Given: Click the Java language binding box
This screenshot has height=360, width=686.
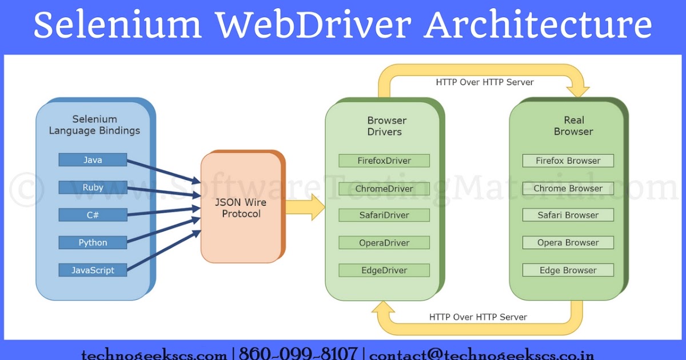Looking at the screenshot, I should coord(93,160).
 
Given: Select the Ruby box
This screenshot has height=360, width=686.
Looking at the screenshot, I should coord(93,187).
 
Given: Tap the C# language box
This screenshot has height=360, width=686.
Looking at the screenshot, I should coord(93,215).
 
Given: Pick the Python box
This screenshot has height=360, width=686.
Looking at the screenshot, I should coord(93,242).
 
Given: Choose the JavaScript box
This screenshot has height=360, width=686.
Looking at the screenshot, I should coord(93,270).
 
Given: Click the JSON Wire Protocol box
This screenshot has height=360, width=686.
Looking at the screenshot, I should coord(241,208).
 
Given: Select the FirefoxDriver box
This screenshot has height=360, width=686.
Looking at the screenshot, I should coord(384,161).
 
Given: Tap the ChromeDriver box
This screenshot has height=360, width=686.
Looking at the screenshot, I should coord(384,188).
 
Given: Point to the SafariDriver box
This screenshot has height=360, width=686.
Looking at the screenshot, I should coord(384,215).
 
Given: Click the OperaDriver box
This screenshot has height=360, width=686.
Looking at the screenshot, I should coord(384,243).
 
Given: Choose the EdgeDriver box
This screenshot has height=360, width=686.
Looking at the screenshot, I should coord(384,270).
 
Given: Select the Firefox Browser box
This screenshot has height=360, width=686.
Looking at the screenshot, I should coord(568,161).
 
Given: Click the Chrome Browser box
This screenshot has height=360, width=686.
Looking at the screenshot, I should coord(568,188).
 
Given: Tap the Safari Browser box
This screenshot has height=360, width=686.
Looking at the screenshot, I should coord(568,215).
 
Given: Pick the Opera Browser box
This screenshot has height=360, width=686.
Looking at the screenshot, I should coord(568,243).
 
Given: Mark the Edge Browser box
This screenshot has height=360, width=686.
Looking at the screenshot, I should coord(568,270).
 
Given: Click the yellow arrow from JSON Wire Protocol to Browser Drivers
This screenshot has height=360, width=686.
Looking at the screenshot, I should coord(304,207).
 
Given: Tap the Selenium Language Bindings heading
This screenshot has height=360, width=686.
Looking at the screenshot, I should coord(94,125).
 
